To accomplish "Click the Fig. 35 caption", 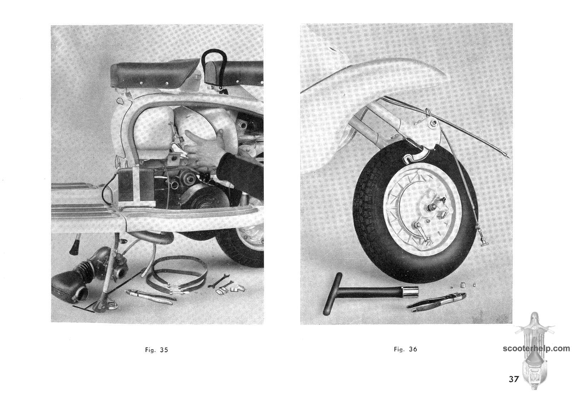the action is [x=157, y=350].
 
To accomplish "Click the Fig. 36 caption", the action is [x=405, y=349].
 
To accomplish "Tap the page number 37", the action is [x=514, y=379].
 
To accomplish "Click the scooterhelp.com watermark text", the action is [x=536, y=348].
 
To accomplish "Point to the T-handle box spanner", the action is [x=370, y=293].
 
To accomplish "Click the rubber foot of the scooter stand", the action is [x=74, y=247].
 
